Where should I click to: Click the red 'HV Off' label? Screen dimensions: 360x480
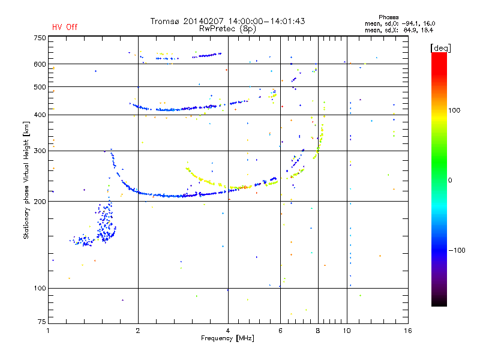tap(65, 27)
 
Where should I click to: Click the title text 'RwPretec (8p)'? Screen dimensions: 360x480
tap(227, 28)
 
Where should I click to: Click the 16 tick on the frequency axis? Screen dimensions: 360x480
tap(407, 331)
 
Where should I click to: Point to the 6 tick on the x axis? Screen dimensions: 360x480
tap(280, 331)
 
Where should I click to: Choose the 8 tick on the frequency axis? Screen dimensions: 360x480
tap(318, 331)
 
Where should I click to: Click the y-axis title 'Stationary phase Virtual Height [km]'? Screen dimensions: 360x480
tap(26, 180)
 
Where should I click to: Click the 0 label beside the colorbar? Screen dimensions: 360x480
tap(450, 180)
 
